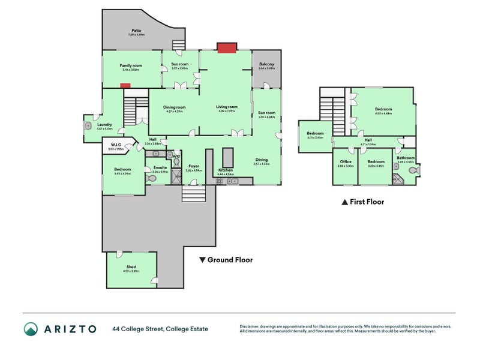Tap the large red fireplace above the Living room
click(226, 47)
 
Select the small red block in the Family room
click(125, 86)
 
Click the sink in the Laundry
click(88, 126)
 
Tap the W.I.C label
click(116, 144)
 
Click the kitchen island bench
click(227, 158)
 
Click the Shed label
click(131, 266)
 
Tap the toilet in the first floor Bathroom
click(413, 171)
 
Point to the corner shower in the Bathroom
click(397, 178)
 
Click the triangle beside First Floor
click(344, 203)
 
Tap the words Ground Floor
click(230, 260)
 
